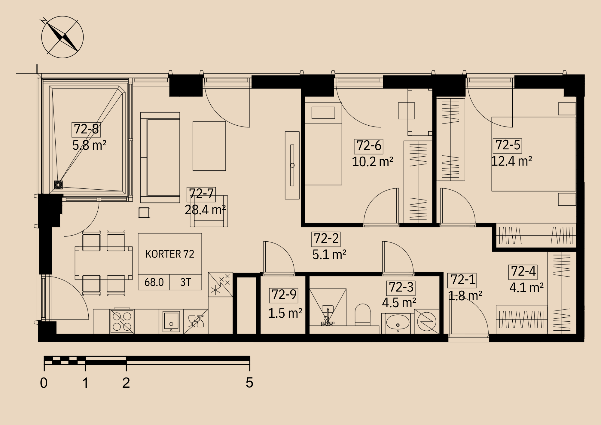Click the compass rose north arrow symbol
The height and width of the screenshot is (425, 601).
click(x=63, y=37)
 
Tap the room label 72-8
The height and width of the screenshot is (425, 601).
click(x=86, y=129)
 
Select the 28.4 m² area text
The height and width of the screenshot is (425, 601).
click(x=205, y=210)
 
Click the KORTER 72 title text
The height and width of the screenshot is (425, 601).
click(x=170, y=254)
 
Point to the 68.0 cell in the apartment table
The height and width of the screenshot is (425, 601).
click(x=154, y=282)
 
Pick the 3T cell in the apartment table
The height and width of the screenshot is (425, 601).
click(x=185, y=282)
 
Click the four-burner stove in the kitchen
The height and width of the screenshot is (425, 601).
click(x=122, y=321)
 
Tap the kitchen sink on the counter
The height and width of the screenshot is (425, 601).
click(x=171, y=321)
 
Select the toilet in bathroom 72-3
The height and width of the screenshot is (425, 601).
click(x=363, y=314)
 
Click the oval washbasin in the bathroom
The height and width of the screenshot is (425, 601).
click(x=398, y=323)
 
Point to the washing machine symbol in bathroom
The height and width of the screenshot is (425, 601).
click(x=427, y=322)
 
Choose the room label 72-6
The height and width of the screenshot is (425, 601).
click(x=369, y=146)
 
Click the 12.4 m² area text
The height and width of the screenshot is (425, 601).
click(x=511, y=161)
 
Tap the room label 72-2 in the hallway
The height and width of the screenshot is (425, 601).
click(x=326, y=239)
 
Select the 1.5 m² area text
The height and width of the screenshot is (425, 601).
click(x=285, y=313)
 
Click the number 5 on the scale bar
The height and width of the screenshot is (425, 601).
click(x=249, y=383)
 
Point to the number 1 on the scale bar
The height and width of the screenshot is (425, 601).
click(x=85, y=383)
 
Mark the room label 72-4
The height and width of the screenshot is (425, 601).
click(x=523, y=271)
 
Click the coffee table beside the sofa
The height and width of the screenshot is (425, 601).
click(x=209, y=146)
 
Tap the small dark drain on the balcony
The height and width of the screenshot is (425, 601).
click(x=58, y=185)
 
